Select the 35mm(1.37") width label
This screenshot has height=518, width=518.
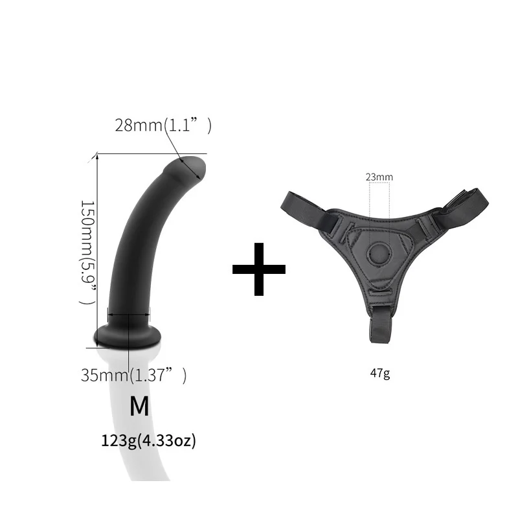(x=133, y=375)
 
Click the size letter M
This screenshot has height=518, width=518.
(x=139, y=407)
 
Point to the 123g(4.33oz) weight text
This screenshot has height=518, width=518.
(x=148, y=441)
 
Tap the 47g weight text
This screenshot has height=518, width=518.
(x=381, y=373)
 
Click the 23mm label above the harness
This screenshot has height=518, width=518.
(x=379, y=177)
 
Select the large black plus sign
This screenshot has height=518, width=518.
(x=259, y=269)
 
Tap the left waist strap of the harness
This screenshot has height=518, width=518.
(x=304, y=208)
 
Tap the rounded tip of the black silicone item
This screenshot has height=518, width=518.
(x=192, y=166)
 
